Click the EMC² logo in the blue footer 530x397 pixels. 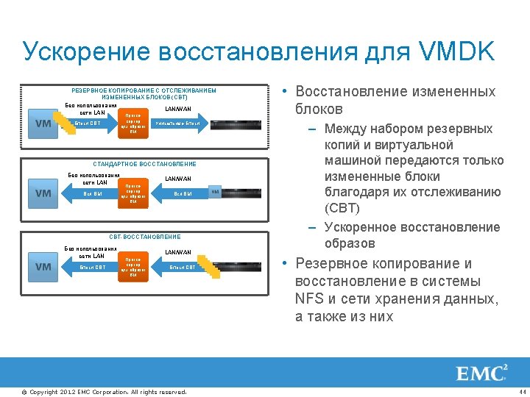click(x=482, y=373)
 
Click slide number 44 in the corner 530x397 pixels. click(x=522, y=391)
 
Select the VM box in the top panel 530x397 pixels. click(x=43, y=124)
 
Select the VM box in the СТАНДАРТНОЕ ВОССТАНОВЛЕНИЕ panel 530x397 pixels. click(x=43, y=193)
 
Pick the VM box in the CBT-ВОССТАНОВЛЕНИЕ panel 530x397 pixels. click(x=43, y=267)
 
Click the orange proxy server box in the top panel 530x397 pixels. click(x=133, y=124)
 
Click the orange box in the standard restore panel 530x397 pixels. click(x=133, y=193)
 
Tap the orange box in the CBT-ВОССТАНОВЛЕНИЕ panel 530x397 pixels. click(x=133, y=266)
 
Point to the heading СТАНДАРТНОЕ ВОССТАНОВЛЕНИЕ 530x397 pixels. click(x=145, y=164)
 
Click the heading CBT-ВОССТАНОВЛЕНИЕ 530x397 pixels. click(x=145, y=237)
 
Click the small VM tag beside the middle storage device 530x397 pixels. click(x=215, y=193)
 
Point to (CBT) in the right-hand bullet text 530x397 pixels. click(x=342, y=209)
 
